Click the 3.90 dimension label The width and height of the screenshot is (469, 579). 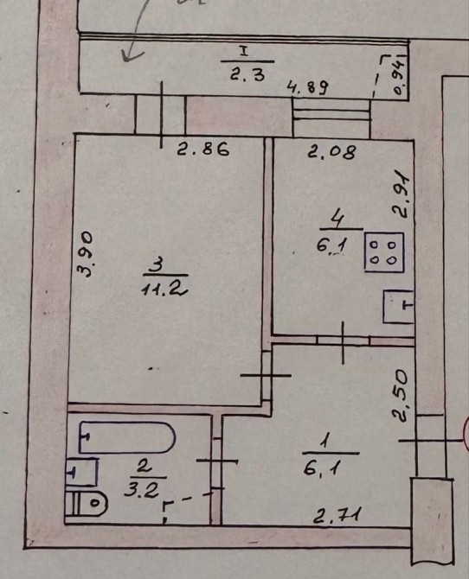(x=87, y=254)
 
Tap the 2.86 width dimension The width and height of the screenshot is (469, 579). (x=203, y=150)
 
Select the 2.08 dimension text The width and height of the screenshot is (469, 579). (x=332, y=151)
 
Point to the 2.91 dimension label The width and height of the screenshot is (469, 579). (x=402, y=195)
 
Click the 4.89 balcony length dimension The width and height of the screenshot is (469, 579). (x=308, y=88)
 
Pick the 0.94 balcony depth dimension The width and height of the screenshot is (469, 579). (x=400, y=76)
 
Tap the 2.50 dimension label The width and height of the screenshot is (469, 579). (x=402, y=396)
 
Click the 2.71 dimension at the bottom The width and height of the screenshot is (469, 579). (x=337, y=515)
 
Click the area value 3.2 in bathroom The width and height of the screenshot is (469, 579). (x=141, y=490)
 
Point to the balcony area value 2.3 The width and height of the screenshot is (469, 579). (x=247, y=75)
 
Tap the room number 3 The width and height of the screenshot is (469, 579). (x=157, y=266)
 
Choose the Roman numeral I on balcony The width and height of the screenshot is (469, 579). (x=244, y=51)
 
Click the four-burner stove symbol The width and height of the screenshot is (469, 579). (x=384, y=252)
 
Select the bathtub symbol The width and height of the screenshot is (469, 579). (x=127, y=437)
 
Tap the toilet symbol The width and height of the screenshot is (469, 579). (x=86, y=503)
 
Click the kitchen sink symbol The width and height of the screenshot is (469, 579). (x=398, y=307)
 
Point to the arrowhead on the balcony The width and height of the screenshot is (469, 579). (x=130, y=56)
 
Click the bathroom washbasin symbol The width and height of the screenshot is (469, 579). (x=81, y=472)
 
